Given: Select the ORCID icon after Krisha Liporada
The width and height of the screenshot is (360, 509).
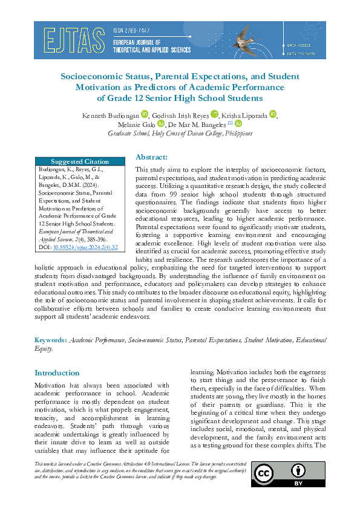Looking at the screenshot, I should coord(273,114).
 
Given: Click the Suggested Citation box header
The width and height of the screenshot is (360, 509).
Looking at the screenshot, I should coord(80,161).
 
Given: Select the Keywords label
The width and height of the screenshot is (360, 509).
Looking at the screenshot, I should coord(50,340).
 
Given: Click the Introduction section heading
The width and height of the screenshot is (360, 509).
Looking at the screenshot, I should coord(57,373).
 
